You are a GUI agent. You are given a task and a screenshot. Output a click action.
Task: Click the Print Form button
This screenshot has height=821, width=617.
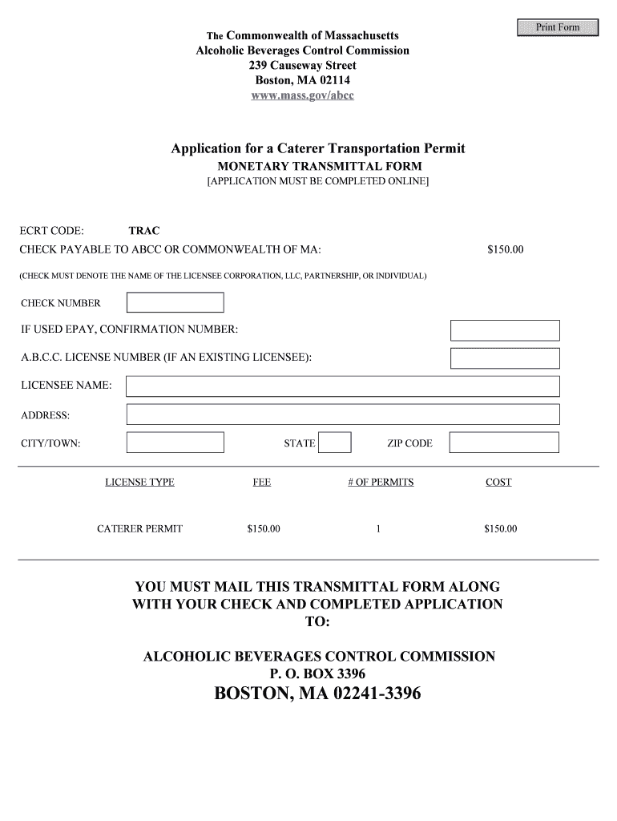558,27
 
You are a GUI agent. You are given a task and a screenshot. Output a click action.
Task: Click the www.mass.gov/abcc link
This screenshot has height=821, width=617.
302,95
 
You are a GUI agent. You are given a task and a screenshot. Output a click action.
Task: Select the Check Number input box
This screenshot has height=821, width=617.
175,302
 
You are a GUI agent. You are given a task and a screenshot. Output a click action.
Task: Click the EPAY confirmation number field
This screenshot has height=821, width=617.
505,330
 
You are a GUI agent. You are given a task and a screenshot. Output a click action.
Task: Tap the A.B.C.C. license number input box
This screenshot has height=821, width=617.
505,358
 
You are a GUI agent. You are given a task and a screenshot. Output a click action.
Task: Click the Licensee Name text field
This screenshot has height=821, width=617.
343,386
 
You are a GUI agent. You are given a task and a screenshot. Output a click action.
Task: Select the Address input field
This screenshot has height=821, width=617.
343,415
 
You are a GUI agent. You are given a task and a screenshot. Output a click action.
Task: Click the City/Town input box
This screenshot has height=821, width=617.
175,443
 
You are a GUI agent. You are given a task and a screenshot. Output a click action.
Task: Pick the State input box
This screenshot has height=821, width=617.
336,443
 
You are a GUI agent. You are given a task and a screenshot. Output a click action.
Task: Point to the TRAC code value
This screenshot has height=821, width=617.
144,231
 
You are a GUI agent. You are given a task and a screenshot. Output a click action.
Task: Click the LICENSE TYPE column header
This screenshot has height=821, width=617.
139,482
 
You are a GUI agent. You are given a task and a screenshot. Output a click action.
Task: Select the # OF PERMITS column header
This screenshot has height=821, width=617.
381,482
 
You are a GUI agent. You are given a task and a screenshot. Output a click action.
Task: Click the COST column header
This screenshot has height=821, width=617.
498,482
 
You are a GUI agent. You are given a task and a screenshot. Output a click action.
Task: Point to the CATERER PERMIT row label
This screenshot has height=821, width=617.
139,529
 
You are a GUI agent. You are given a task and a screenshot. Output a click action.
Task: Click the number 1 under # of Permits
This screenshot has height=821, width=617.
377,529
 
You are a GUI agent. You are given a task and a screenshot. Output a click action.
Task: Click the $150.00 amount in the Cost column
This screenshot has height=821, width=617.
501,529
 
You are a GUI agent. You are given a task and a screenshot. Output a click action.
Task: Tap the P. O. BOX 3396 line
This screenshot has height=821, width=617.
319,674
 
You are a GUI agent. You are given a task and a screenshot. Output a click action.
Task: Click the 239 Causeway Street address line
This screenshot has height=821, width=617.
302,65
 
